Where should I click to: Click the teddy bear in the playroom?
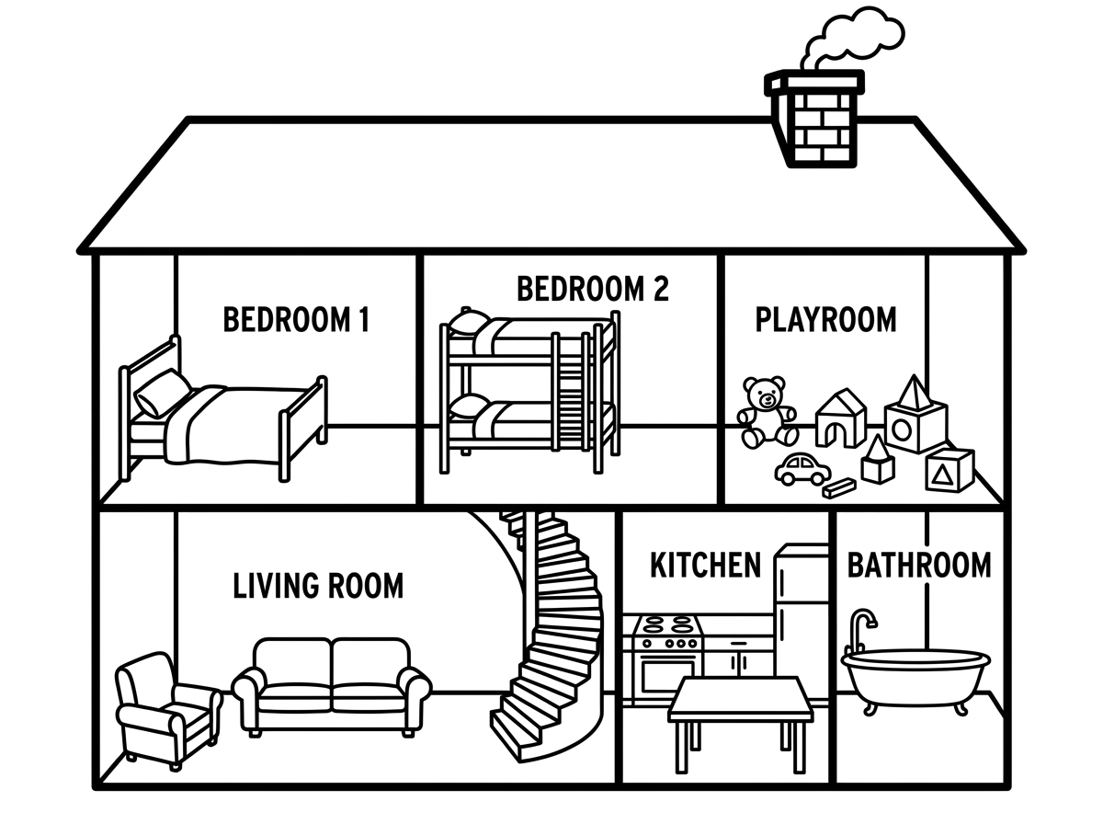click(767, 412)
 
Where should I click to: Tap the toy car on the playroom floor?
click(802, 469)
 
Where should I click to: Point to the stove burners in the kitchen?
click(668, 625)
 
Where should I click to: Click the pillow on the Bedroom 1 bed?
click(162, 393)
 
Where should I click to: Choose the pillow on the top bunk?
click(469, 322)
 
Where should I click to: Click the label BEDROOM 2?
click(593, 289)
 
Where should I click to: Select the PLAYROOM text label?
click(826, 319)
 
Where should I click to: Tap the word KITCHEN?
click(706, 565)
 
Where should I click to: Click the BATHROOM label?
click(919, 565)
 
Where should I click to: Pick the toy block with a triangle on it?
click(949, 470)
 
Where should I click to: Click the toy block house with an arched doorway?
click(841, 418)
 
